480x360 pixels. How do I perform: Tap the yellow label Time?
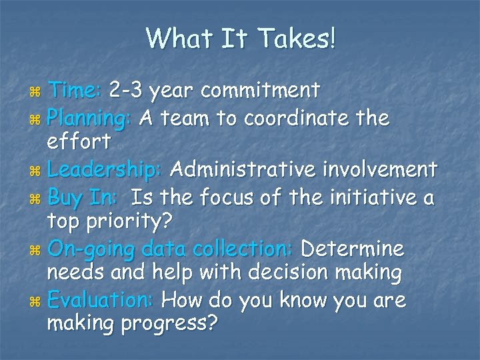pyautogui.click(x=76, y=89)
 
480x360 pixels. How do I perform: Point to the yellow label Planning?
pyautogui.click(x=91, y=119)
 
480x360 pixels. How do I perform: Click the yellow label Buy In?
pyautogui.click(x=84, y=198)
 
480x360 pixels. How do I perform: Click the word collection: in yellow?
pyautogui.click(x=238, y=249)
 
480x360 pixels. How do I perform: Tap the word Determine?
pyautogui.click(x=352, y=249)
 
